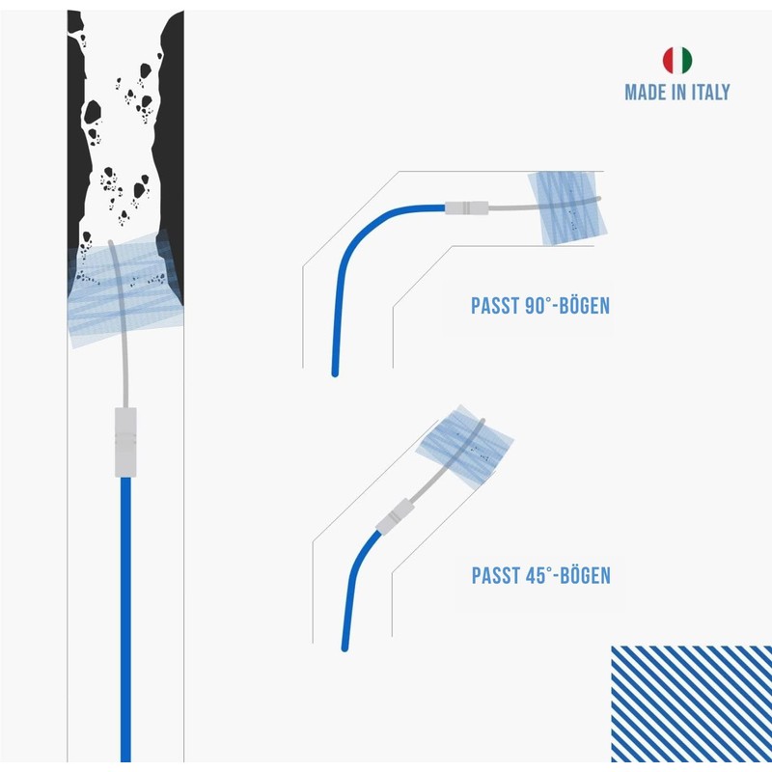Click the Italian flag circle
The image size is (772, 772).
click(x=677, y=60)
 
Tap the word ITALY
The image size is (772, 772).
click(x=710, y=92)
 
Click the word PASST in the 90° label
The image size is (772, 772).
click(x=495, y=306)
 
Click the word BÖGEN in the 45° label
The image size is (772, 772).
click(x=586, y=574)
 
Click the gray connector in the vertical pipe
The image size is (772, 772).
click(x=125, y=442)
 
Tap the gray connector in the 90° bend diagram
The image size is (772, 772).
click(x=467, y=207)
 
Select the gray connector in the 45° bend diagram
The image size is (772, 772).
click(x=395, y=516)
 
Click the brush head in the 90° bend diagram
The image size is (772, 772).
click(x=567, y=207)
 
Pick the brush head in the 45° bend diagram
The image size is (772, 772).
click(x=464, y=447)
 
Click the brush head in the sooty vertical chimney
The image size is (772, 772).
click(x=125, y=289)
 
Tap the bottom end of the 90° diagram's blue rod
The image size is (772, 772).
click(x=335, y=373)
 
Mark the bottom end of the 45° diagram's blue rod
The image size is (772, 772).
click(x=345, y=648)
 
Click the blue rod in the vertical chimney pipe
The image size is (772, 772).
click(x=125, y=620)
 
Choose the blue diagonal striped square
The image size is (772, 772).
click(x=691, y=703)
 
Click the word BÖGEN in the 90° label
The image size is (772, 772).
click(x=585, y=305)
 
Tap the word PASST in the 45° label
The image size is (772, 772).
click(x=496, y=575)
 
